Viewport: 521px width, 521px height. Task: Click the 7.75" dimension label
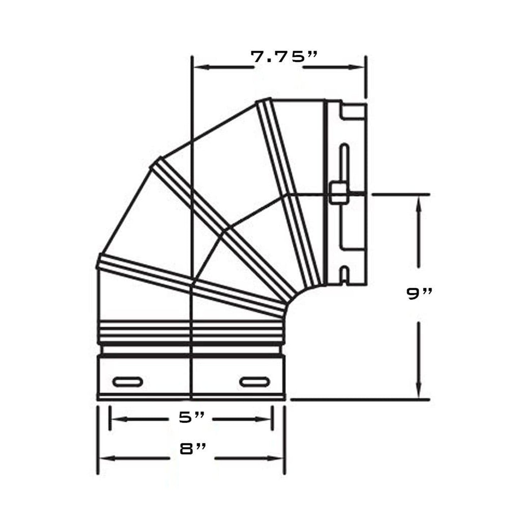(284, 57)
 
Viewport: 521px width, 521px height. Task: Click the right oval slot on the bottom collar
(255, 381)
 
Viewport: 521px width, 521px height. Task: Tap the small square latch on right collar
(336, 193)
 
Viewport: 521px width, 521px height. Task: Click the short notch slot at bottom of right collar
(345, 274)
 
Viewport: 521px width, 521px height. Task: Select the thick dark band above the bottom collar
(191, 355)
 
